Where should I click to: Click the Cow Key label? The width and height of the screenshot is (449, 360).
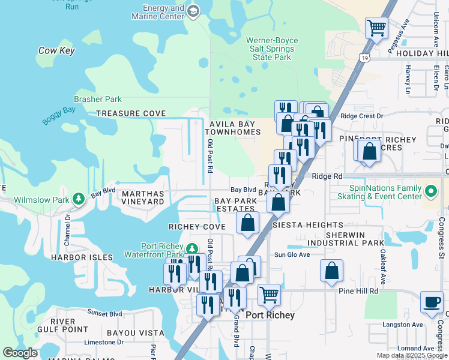pos(56,51)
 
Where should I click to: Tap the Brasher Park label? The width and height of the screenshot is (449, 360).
pos(97,100)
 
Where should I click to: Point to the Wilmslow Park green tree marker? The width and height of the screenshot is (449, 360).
pos(78,198)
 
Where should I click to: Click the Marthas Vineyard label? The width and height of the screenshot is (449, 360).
pos(143,198)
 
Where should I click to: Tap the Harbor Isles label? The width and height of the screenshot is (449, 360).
pos(82,257)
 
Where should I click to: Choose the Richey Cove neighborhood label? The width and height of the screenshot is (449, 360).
pos(197,227)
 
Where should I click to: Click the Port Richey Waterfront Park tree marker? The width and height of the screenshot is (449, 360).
pos(191,248)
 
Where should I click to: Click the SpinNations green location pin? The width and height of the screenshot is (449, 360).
pos(430,192)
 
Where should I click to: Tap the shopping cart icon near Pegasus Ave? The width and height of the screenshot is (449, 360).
pos(376,28)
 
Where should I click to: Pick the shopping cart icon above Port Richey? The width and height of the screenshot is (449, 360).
pos(269,295)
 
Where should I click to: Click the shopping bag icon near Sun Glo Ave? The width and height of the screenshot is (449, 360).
pos(331,271)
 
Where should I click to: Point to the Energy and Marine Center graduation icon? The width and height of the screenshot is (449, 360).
pos(193,11)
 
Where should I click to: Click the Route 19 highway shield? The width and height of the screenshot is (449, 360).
pos(365,58)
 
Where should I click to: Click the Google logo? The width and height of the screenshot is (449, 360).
pos(20,353)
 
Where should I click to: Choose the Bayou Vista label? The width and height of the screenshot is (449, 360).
pos(136,333)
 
